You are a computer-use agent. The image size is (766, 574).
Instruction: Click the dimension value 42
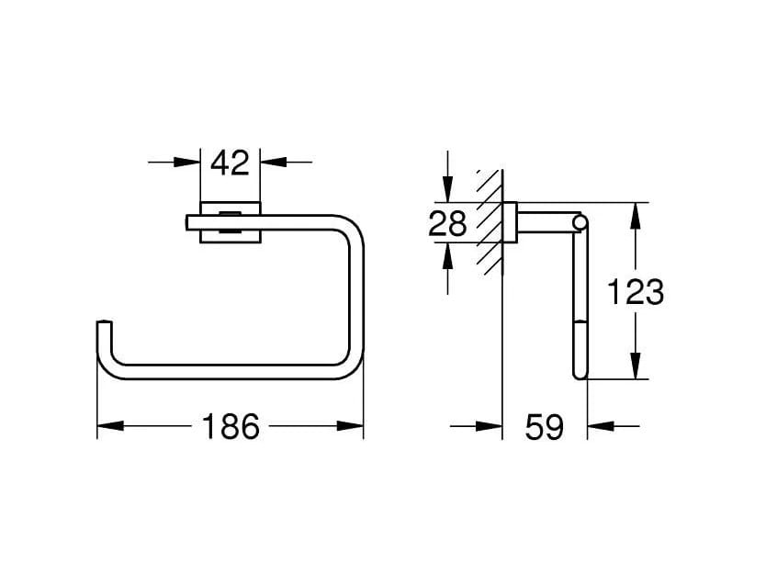pos(230,163)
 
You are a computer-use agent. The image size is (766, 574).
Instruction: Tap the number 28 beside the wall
pos(448,223)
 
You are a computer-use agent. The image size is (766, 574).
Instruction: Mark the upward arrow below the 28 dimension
pos(447,256)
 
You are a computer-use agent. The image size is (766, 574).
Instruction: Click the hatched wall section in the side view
pos(490,220)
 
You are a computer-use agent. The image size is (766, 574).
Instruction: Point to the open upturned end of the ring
pos(104,326)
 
